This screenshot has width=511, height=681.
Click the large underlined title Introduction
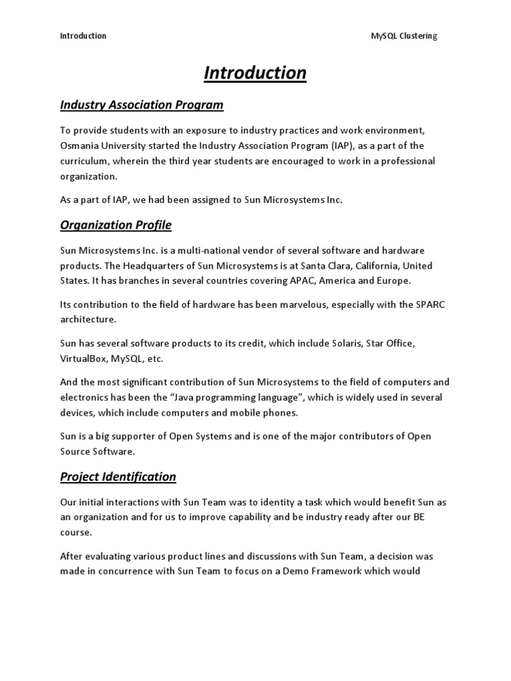click(x=255, y=72)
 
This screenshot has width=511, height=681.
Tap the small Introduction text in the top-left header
click(x=83, y=36)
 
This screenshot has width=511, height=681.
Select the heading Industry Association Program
click(x=142, y=105)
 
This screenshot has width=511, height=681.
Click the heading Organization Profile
click(x=116, y=225)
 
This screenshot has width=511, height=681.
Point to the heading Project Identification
click(x=118, y=476)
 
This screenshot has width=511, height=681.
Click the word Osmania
click(x=81, y=146)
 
